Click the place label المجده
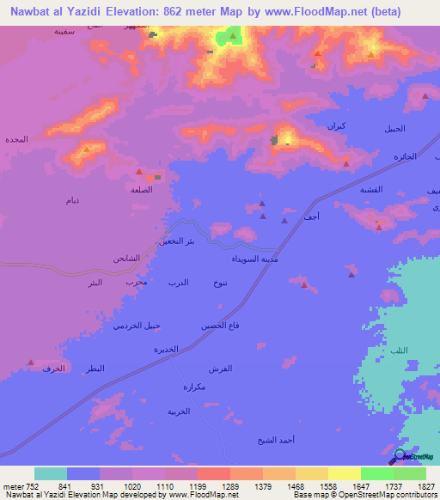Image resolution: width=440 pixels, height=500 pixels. (16, 139)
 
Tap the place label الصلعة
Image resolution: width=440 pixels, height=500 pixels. (142, 190)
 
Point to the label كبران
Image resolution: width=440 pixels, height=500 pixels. (337, 126)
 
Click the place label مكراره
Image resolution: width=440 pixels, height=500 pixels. (195, 387)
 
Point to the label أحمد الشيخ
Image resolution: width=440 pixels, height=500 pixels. (276, 440)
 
